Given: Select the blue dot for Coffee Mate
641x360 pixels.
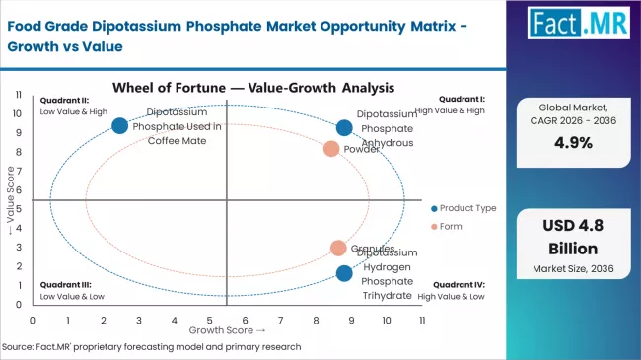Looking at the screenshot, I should point(120,125).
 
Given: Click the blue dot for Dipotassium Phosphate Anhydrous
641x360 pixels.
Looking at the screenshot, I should point(344,127).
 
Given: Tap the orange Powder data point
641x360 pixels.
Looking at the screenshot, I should point(331,149).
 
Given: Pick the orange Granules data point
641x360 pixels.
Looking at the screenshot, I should point(338,249).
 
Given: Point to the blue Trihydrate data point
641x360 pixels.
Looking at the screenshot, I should point(343,273).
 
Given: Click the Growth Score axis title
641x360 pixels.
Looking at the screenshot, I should point(226,330).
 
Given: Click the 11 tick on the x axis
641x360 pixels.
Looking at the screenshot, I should point(422,321).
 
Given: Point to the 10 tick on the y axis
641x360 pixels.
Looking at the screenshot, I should point(19,112).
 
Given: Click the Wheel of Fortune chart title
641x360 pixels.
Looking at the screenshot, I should point(232,88).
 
